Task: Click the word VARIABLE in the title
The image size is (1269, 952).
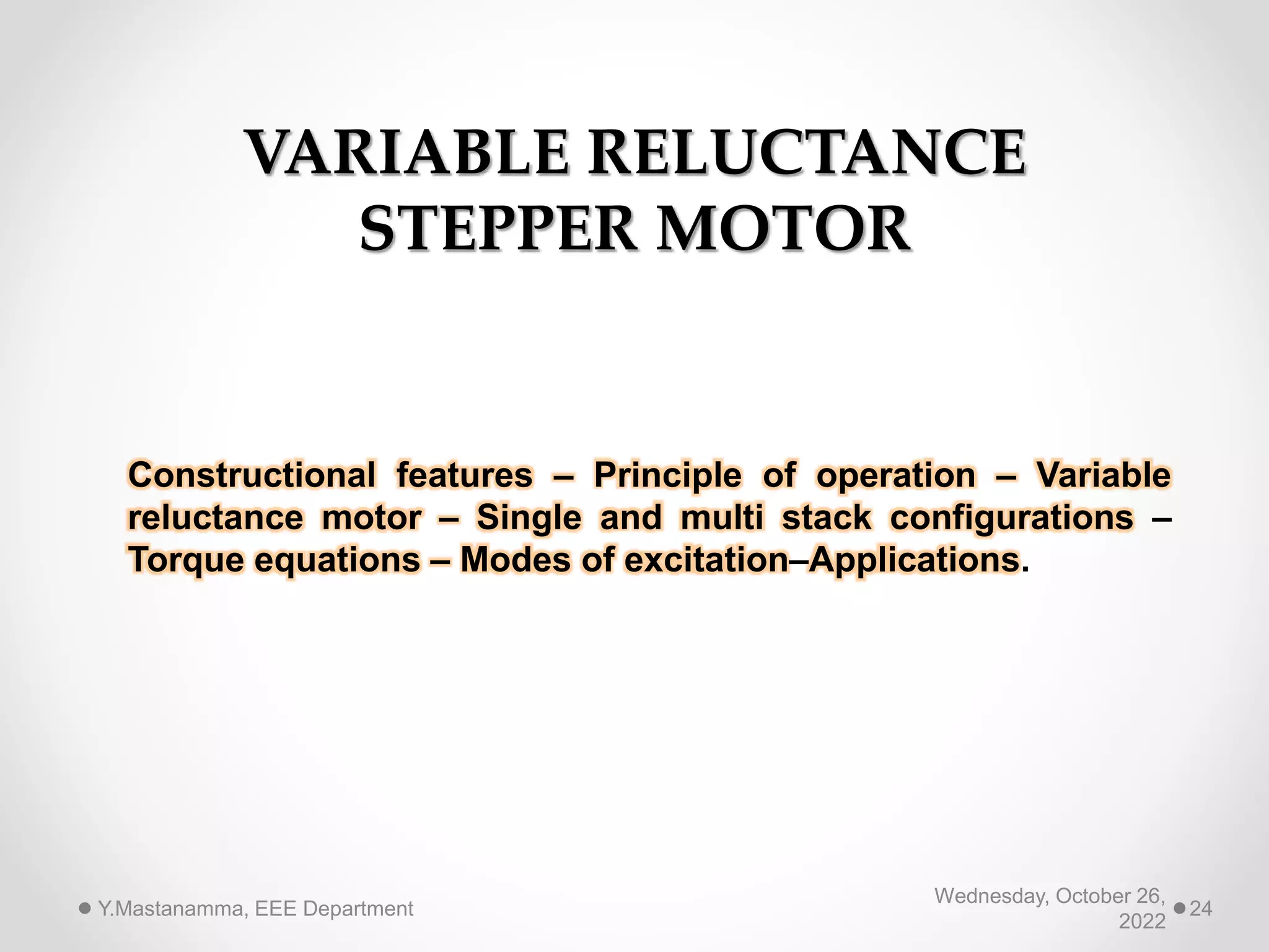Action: tap(407, 153)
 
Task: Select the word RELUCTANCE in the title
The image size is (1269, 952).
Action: tap(806, 153)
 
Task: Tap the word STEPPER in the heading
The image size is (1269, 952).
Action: tap(498, 229)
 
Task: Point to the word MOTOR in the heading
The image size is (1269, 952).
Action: tap(783, 229)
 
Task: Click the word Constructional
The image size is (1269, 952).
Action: tap(252, 475)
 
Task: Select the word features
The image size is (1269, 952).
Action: tap(465, 475)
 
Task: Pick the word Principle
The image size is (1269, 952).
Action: tap(667, 475)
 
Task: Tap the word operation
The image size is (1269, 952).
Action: tap(895, 475)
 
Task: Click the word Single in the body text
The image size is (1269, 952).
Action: tap(529, 518)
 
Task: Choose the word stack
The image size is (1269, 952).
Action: tap(827, 518)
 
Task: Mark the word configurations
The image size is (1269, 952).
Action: tap(1012, 518)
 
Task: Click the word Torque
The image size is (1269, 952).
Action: tap(186, 560)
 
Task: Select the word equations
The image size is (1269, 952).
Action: tap(338, 560)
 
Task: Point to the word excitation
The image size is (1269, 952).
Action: tap(706, 560)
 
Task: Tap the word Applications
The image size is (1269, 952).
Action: tap(915, 560)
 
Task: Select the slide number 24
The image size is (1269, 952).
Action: tap(1201, 909)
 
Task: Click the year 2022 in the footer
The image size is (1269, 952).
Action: tap(1142, 922)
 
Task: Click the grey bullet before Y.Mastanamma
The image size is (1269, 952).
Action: tap(86, 909)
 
